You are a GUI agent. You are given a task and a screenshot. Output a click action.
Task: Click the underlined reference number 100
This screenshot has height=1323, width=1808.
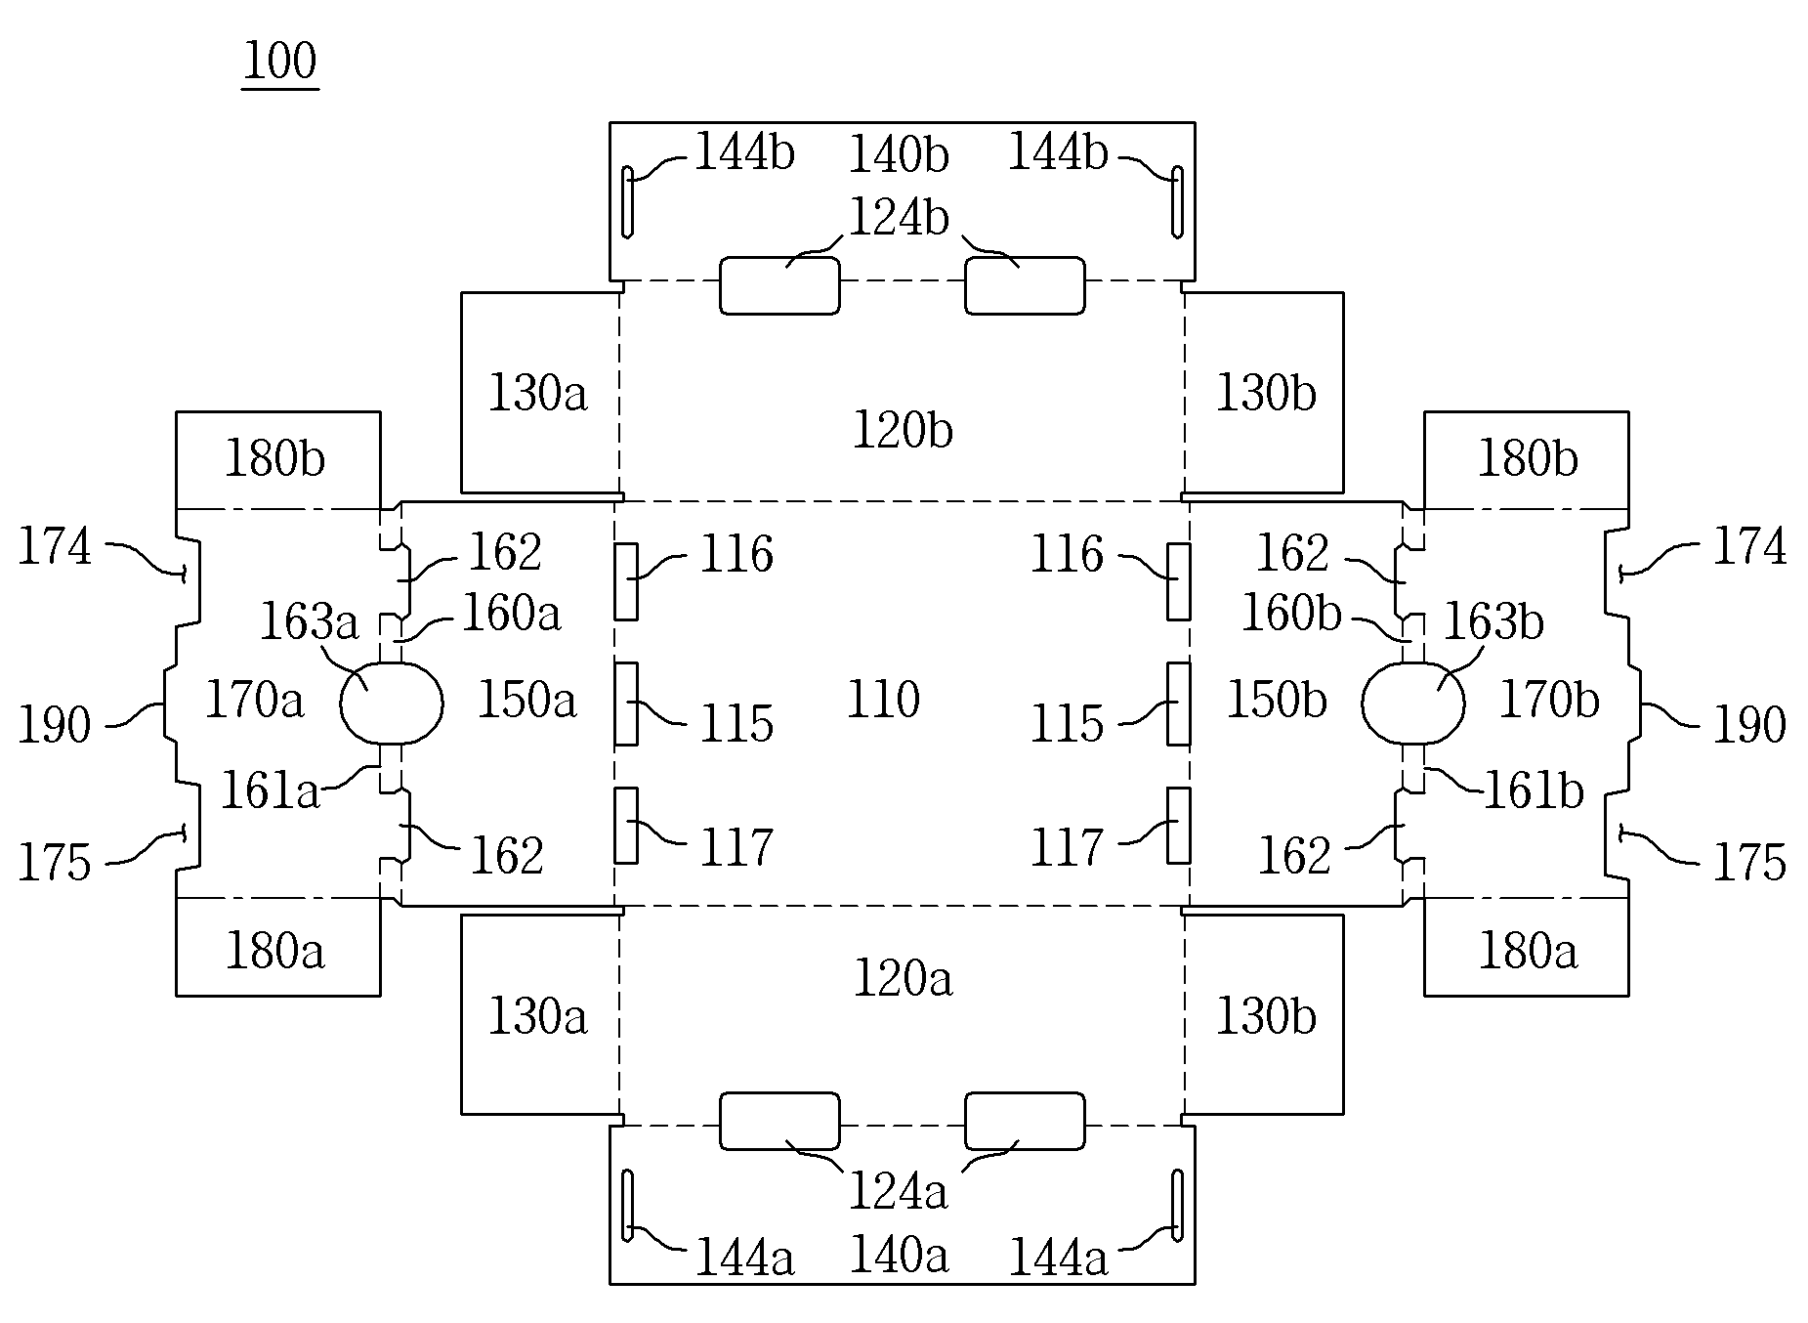279,62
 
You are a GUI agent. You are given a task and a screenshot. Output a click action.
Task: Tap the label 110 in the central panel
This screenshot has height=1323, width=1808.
883,701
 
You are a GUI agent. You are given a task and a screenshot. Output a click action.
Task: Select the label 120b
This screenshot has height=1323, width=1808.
903,430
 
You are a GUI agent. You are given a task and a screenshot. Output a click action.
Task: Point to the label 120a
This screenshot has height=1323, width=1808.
903,978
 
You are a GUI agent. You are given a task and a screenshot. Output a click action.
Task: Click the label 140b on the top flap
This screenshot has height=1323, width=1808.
899,154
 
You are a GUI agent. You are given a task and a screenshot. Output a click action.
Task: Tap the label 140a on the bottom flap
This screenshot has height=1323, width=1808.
899,1255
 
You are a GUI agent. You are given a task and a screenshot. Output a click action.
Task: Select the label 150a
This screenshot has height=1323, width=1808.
527,700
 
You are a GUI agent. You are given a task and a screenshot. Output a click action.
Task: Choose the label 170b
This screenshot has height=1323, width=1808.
1549,700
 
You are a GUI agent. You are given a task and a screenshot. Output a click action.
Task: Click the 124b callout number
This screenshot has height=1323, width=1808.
899,217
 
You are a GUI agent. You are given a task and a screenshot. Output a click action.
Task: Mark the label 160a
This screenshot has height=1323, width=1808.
511,615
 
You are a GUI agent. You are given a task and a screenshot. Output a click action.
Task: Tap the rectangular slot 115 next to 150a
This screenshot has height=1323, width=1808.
626,704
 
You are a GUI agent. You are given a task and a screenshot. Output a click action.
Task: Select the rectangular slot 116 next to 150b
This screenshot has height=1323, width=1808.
1179,581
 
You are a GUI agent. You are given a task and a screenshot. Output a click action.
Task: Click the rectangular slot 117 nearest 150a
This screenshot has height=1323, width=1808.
626,826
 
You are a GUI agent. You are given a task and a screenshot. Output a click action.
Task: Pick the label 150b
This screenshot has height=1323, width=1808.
1276,700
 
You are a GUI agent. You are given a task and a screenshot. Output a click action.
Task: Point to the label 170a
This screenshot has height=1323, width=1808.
254,700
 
